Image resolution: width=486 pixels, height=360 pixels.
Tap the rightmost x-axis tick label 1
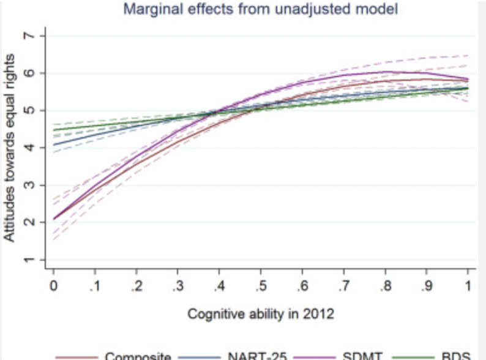click(468, 287)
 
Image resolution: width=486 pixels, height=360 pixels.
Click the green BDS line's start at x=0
click(54, 130)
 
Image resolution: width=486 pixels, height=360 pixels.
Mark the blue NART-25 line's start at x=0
click(54, 144)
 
